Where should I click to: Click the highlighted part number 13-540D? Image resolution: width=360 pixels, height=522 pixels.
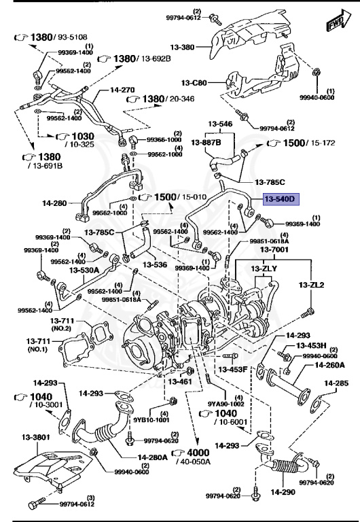(280, 199)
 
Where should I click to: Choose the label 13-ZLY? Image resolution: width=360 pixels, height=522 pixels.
(265, 268)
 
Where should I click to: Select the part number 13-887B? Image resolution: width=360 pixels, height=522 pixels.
(206, 143)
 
